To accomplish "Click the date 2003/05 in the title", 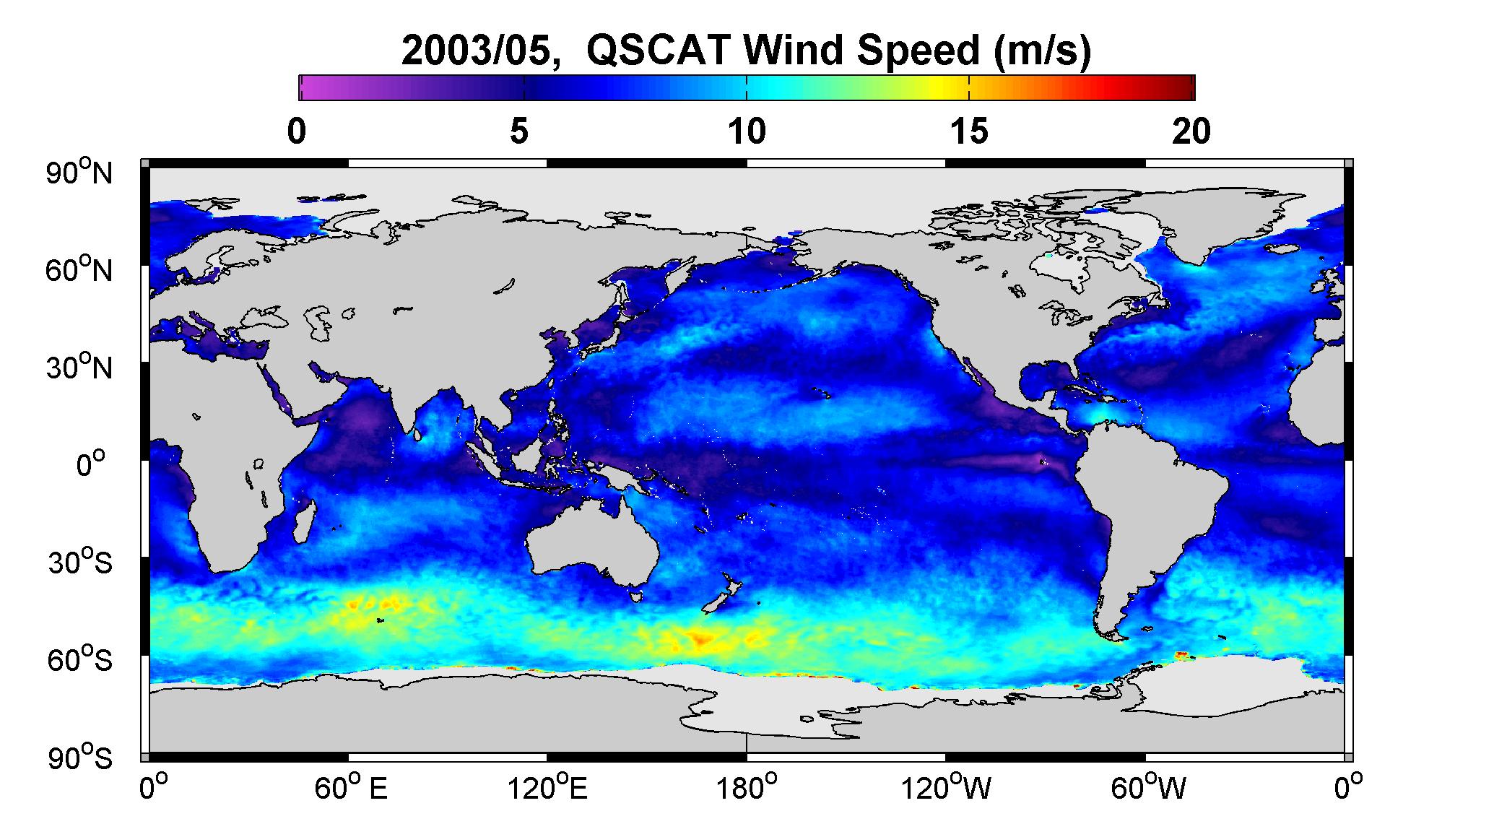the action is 481,51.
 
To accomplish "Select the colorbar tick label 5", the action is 519,132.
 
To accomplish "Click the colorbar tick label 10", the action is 747,132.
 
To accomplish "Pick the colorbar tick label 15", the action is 969,132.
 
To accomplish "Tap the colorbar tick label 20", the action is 1191,132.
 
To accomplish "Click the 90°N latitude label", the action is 79,173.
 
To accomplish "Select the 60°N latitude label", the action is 79,270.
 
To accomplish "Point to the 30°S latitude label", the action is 80,563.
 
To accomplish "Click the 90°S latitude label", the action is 80,758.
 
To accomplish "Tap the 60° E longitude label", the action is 351,788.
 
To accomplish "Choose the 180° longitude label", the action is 746,788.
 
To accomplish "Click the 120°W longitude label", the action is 946,788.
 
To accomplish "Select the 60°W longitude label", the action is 1148,788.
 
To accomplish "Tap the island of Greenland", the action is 1228,224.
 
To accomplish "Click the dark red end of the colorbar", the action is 1184,87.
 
